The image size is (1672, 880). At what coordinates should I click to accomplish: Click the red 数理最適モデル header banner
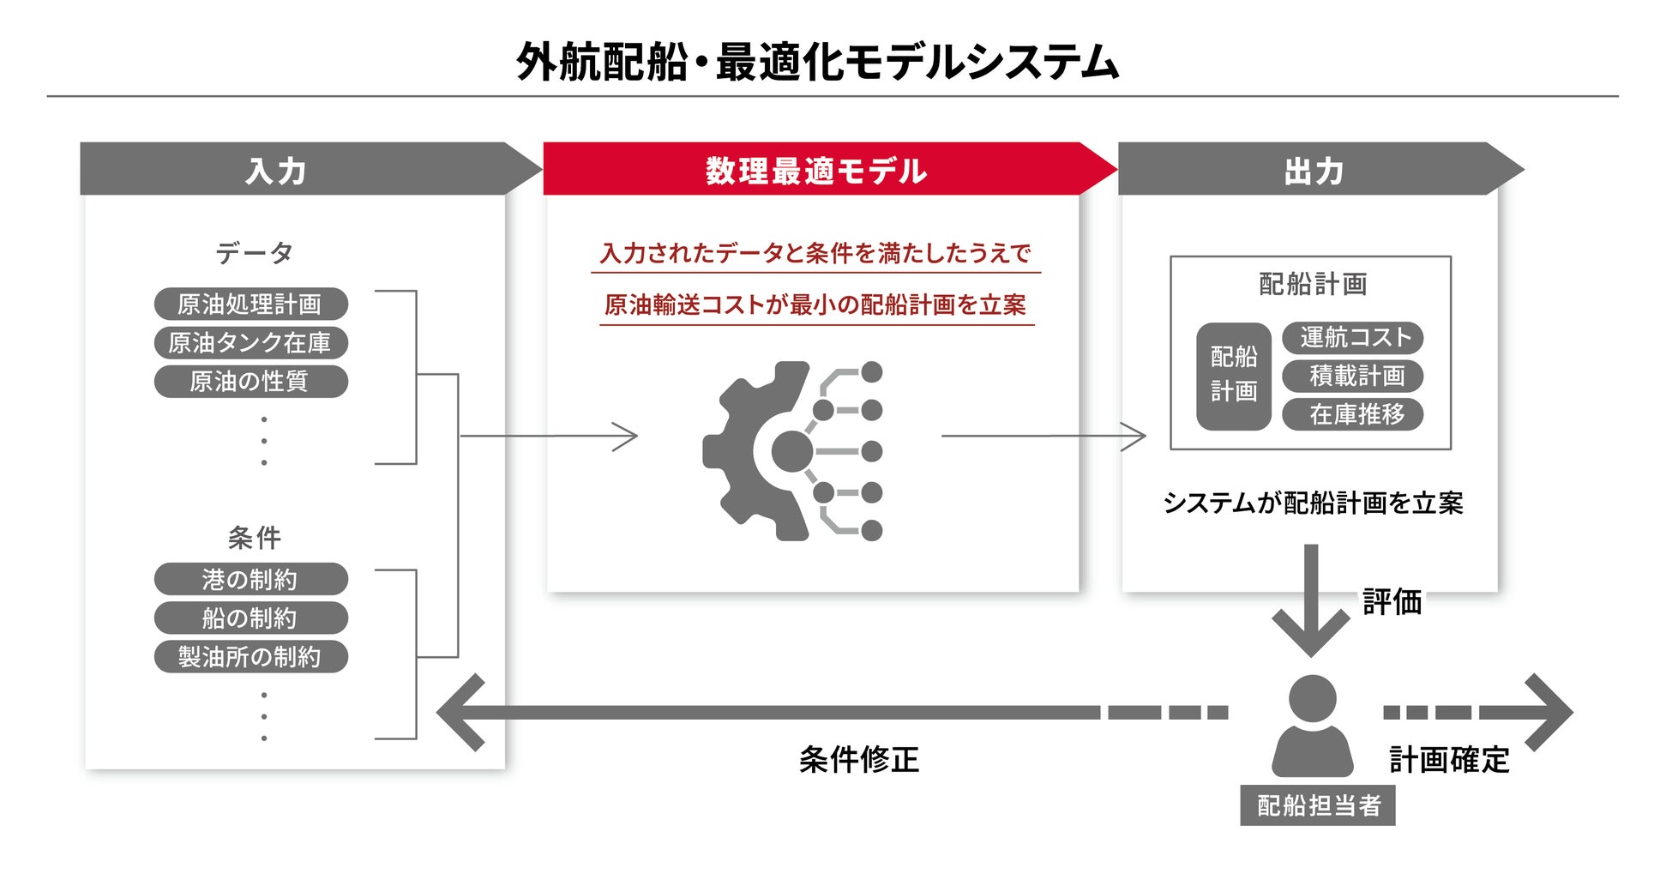pos(815,170)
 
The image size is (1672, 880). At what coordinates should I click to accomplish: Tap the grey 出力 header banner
pos(1312,170)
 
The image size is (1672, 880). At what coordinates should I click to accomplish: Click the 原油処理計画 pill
pos(250,304)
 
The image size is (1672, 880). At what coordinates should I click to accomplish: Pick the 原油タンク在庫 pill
pos(250,342)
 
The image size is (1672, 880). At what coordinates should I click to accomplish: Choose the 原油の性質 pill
pos(250,381)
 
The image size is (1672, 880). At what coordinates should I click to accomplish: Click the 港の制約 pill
pos(250,579)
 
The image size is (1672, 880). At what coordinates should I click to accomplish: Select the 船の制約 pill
pos(250,618)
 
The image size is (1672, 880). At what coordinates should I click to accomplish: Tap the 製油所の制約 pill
pos(250,656)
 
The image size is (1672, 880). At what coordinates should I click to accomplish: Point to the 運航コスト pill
pos(1352,337)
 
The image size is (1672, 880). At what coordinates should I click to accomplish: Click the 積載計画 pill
pos(1352,376)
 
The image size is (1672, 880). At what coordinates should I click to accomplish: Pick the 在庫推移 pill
pos(1352,414)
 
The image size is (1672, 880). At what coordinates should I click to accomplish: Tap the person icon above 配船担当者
pos(1312,726)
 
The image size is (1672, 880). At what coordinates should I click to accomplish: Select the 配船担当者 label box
pos(1317,805)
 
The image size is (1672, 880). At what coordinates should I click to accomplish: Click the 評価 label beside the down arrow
pos(1392,602)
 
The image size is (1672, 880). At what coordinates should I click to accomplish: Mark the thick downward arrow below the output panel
pos(1310,600)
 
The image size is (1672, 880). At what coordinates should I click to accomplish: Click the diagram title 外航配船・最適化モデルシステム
pos(817,62)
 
